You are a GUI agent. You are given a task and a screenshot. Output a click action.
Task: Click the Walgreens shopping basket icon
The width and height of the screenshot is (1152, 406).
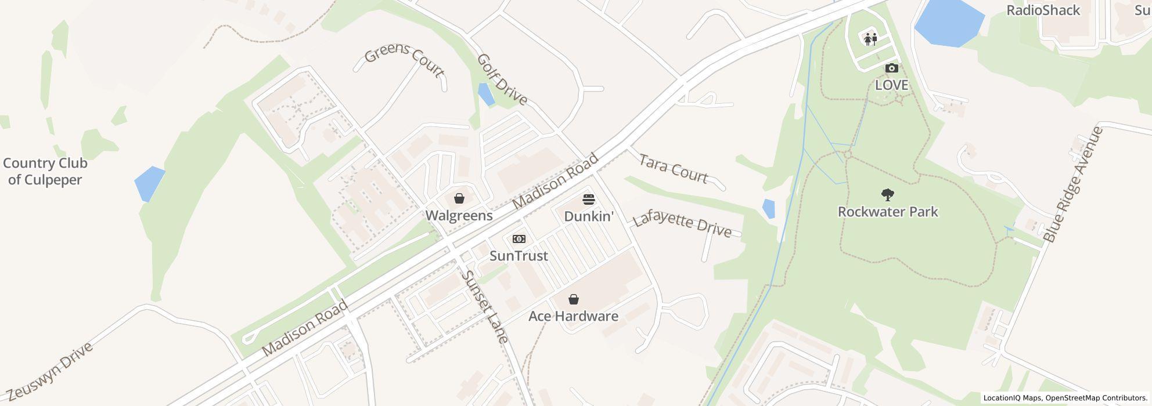[x=459, y=199]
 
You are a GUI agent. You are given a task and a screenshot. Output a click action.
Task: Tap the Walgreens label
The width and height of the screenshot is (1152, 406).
[x=459, y=216]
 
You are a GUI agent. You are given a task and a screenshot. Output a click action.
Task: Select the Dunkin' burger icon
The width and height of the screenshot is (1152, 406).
[x=589, y=200]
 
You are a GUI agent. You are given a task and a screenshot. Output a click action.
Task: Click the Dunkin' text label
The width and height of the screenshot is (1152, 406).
[x=589, y=216]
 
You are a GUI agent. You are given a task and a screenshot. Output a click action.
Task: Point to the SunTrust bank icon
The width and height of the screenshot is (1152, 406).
[x=519, y=239]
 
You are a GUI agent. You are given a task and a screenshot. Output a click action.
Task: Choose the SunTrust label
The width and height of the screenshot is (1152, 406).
[x=519, y=256]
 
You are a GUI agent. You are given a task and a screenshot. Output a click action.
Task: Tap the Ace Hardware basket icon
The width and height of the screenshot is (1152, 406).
[x=574, y=299]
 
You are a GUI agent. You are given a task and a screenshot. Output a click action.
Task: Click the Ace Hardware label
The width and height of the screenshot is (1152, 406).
[x=573, y=316]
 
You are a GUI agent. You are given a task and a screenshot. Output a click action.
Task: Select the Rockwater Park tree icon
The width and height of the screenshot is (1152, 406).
[x=887, y=195]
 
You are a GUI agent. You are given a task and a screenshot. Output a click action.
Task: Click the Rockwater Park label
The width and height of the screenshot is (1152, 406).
[x=887, y=212]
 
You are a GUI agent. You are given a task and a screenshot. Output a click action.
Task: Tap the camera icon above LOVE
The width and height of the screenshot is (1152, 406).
[x=891, y=68]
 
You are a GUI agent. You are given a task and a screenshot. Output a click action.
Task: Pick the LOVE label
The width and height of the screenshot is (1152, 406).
[x=891, y=85]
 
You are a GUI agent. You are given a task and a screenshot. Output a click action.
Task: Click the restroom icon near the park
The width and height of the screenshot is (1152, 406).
[x=870, y=39]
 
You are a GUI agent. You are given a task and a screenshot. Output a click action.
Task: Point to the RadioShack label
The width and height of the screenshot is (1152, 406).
[x=1043, y=10]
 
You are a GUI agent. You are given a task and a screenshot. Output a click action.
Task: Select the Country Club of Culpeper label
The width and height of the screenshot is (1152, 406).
[x=45, y=172]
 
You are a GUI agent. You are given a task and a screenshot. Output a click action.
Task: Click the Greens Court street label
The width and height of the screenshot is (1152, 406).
[x=404, y=60]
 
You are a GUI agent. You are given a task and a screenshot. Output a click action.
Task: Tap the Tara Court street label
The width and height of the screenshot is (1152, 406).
[x=674, y=169]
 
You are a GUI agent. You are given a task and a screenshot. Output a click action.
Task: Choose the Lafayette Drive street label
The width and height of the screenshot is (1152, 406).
[x=682, y=225]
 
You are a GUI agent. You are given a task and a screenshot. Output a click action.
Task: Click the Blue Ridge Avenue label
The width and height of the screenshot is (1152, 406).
[x=1072, y=184]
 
